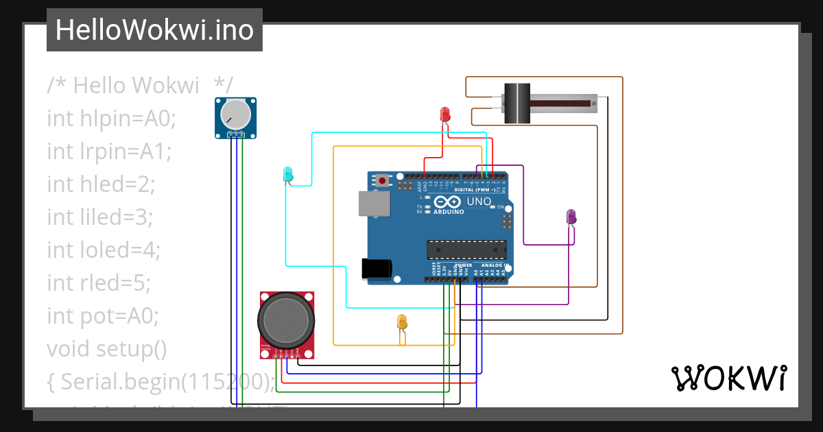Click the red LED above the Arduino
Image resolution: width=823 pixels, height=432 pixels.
point(444,114)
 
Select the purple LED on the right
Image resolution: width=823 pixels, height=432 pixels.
point(571,217)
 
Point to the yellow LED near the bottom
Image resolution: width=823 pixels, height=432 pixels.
point(403,322)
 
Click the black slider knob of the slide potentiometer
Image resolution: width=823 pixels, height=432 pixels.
point(517,103)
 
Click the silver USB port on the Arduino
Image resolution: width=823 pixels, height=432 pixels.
point(374,204)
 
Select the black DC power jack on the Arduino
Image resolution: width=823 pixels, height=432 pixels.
point(377,268)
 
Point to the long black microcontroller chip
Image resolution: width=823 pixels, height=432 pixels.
point(466,251)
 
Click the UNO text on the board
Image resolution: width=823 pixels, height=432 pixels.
point(479,202)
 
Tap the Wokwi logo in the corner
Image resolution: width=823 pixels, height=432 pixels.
point(728,378)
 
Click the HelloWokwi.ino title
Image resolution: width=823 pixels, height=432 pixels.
point(154,30)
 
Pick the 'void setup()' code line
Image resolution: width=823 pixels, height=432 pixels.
point(107,348)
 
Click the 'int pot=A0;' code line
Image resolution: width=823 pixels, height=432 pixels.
point(103,315)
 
